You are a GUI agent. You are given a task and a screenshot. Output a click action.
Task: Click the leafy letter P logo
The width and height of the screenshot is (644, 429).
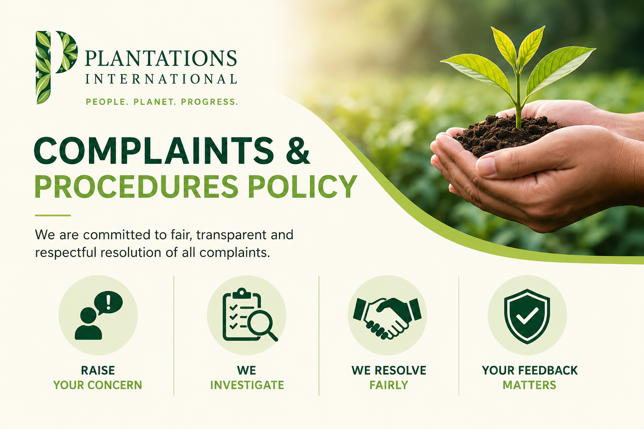coord(56,67)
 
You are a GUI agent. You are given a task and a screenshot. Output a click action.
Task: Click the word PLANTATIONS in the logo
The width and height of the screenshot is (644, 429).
coord(161,58)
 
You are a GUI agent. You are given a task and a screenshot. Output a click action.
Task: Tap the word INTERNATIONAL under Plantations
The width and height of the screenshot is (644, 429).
coord(161,79)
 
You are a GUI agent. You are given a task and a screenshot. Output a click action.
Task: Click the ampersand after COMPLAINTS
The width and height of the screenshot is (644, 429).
coord(298,151)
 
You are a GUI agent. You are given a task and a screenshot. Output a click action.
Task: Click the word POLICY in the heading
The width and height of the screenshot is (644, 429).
coord(302,186)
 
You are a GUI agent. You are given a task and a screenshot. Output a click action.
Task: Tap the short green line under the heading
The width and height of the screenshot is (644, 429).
coord(53,215)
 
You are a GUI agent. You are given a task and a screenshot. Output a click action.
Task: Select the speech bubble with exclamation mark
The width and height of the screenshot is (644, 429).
coord(109,302)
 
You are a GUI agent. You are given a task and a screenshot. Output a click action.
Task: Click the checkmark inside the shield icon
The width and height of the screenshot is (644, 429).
coord(527,316)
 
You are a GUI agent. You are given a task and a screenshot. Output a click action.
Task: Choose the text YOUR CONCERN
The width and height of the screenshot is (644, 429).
coord(98,385)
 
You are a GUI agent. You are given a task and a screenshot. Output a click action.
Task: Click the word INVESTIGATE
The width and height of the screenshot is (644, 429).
coord(247,385)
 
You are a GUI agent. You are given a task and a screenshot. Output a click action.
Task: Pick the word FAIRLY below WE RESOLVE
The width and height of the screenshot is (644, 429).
coord(389,385)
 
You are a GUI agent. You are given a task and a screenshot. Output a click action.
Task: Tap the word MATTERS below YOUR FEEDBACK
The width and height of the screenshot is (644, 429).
coord(529,385)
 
